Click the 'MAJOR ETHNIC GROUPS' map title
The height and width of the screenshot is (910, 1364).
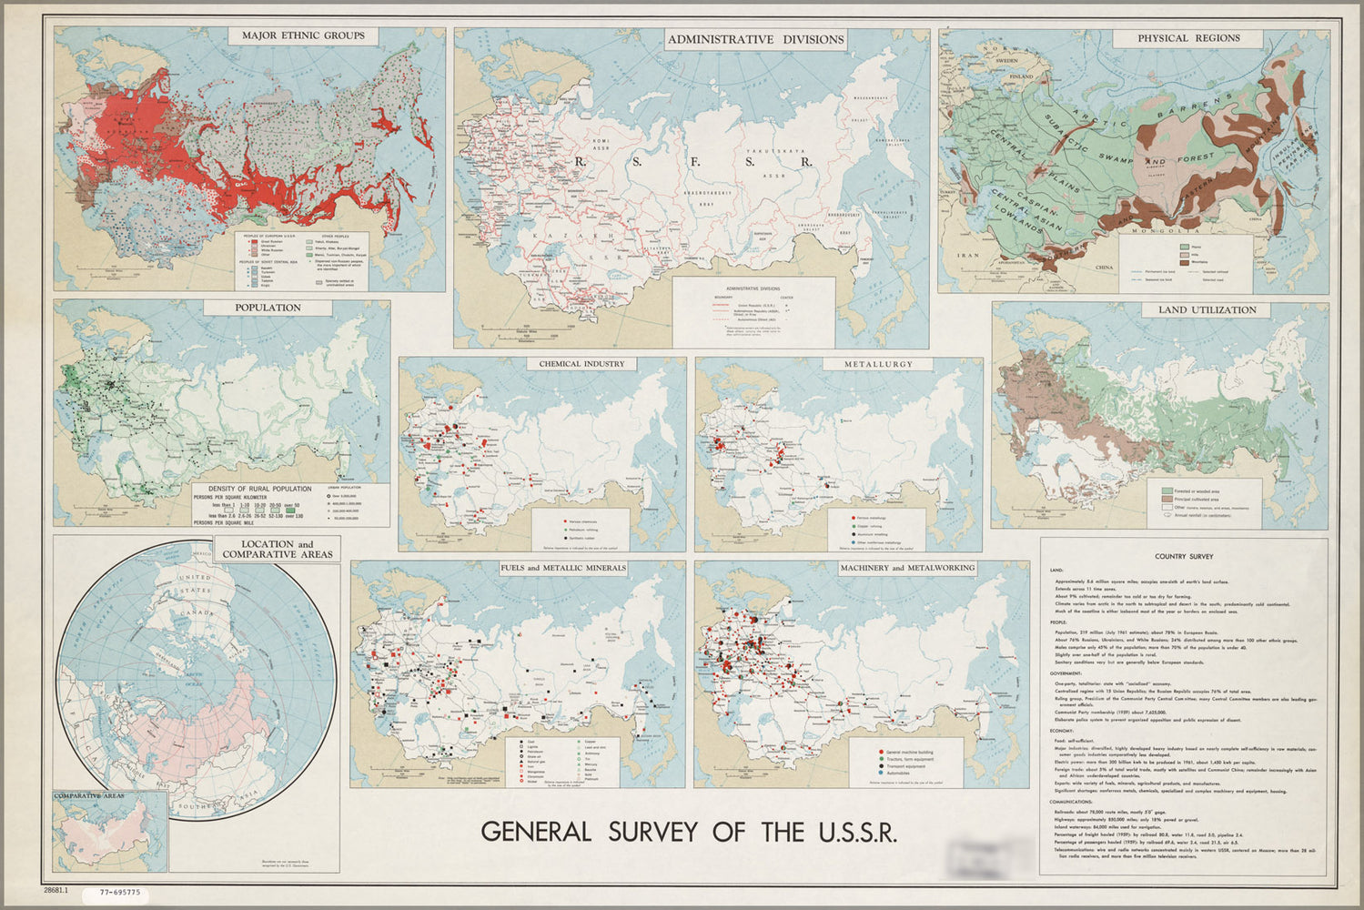303,35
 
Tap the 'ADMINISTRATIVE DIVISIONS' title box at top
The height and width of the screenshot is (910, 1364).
756,39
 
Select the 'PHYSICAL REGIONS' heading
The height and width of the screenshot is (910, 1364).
1188,38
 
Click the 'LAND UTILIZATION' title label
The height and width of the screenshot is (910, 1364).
1207,309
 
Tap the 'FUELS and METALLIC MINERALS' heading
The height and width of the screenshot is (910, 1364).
563,568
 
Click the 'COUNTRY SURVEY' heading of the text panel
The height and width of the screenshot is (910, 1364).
1183,556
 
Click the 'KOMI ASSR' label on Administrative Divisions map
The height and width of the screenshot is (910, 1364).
600,146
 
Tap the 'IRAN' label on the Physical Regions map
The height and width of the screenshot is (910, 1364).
965,257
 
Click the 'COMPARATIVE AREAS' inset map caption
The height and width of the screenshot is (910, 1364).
90,796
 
